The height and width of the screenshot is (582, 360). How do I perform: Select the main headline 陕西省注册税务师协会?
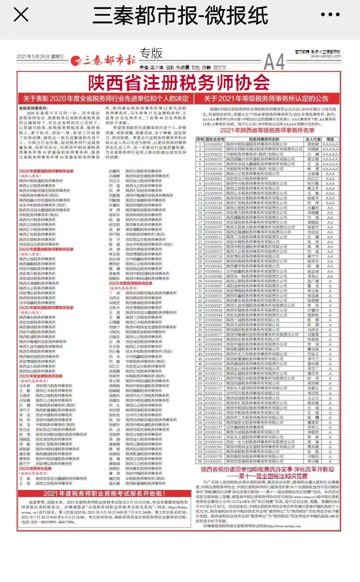[x=180, y=81]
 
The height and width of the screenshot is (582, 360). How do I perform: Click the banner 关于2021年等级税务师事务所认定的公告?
[x=273, y=98]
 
